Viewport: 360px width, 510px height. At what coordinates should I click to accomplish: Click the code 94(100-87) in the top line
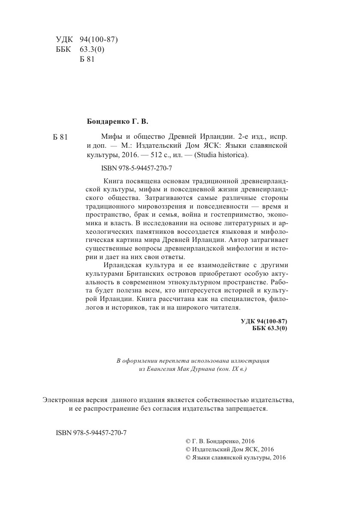pyautogui.click(x=99, y=40)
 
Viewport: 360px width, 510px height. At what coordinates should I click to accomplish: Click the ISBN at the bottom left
pyautogui.click(x=91, y=432)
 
